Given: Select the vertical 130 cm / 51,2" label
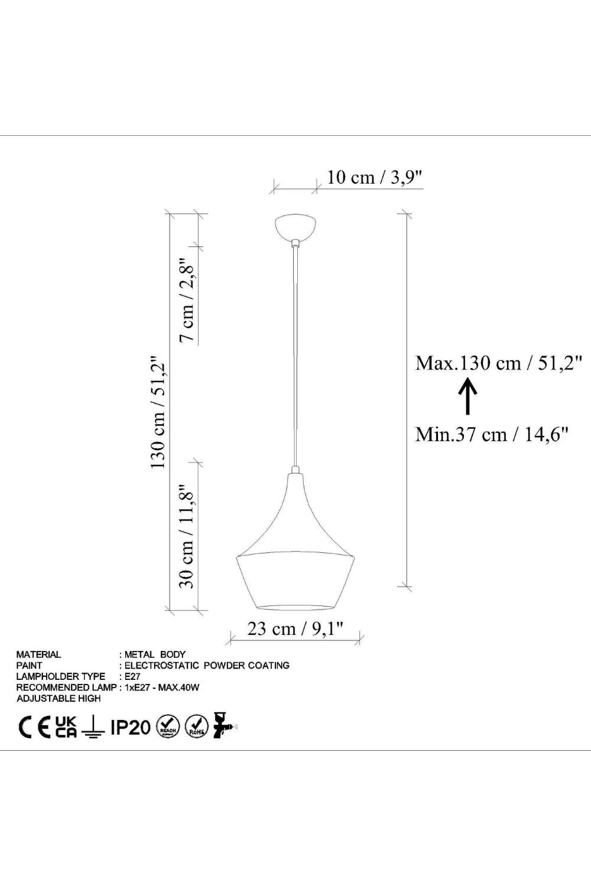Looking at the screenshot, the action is tap(158, 412).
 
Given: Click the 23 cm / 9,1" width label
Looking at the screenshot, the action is tap(295, 628).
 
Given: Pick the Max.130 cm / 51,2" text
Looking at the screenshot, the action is tap(499, 363).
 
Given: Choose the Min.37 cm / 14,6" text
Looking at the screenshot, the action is tap(492, 434).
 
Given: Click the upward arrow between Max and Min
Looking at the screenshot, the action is tap(467, 396).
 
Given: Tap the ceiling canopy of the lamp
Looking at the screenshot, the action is tap(295, 227).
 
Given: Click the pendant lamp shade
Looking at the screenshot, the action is tap(295, 538).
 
